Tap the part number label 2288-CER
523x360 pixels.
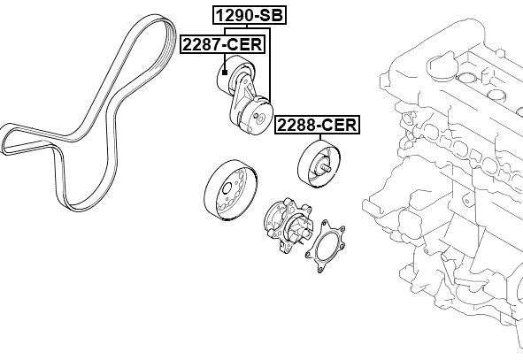coord(317,125)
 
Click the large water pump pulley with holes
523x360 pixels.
coord(228,193)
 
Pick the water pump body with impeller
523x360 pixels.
coord(285,226)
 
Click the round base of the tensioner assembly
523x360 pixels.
coord(258,119)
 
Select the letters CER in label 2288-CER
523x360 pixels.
coord(338,125)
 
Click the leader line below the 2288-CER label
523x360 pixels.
coord(317,138)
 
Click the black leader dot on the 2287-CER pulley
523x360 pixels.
coord(227,71)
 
